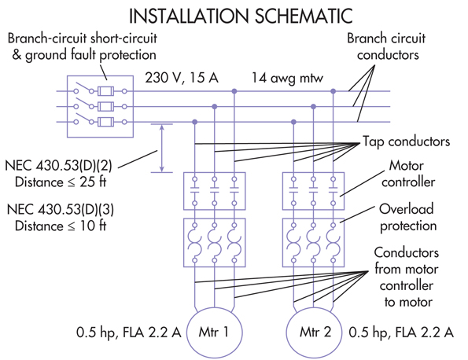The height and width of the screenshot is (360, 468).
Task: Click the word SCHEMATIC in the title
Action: tap(304, 16)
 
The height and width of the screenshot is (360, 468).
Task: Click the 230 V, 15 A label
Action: tap(182, 78)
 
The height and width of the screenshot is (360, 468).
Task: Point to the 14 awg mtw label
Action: tap(287, 78)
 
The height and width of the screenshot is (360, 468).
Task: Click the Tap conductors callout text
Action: tap(406, 141)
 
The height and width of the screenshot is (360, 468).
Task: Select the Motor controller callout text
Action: tap(408, 174)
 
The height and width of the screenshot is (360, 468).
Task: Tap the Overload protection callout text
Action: tap(408, 218)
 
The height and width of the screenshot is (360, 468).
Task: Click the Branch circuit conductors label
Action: tap(386, 46)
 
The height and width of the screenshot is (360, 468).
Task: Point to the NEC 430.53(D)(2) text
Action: tap(58, 166)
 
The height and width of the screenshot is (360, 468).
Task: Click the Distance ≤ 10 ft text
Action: tap(61, 226)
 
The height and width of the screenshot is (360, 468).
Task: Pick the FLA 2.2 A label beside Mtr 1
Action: tap(152, 332)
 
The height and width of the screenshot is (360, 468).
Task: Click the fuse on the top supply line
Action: tap(105, 91)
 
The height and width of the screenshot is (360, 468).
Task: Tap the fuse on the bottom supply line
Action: tap(105, 122)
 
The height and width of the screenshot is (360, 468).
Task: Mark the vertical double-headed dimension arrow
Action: tap(162, 149)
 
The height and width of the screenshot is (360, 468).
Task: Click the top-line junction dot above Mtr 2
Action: tap(333, 91)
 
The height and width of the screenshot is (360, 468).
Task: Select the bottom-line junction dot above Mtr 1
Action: tap(194, 122)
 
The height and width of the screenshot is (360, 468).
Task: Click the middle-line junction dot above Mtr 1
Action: tap(214, 106)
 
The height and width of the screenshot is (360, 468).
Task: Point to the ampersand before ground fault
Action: tap(17, 55)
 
